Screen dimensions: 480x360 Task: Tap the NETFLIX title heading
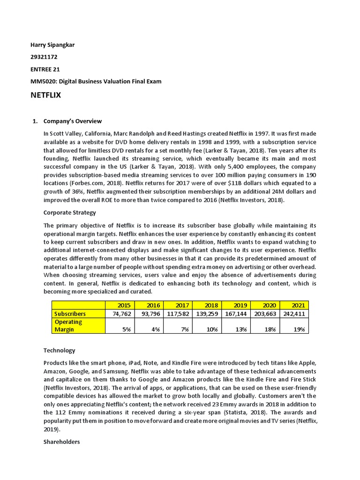[45, 96]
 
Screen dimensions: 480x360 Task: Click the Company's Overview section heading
[72, 121]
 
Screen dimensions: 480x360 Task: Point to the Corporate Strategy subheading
[69, 212]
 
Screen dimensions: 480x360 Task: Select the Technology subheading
[59, 350]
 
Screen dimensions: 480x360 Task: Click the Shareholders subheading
[61, 442]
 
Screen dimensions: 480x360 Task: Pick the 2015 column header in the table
[124, 305]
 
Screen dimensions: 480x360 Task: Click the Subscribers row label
[71, 314]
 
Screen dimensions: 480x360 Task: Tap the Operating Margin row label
[68, 325]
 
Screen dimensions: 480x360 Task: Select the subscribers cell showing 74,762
[119, 314]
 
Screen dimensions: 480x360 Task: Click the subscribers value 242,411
[293, 314]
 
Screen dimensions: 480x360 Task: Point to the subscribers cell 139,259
[206, 314]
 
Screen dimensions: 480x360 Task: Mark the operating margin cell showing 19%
[298, 329]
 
